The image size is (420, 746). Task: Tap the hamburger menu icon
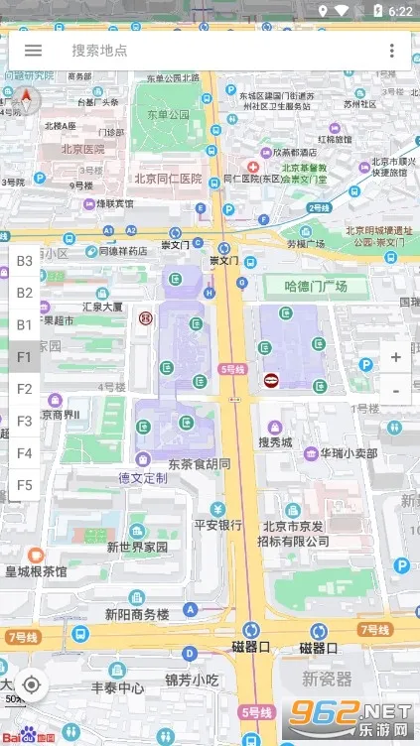pos(33,50)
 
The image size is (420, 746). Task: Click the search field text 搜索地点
pos(99,50)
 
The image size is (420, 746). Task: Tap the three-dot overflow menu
pos(392,50)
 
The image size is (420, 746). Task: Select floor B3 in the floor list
pos(25,261)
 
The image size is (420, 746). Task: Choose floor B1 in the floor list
pos(25,324)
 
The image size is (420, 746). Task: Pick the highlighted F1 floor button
pos(25,356)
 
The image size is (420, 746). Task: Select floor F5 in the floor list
pos(25,485)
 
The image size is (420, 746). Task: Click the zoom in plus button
pos(396,357)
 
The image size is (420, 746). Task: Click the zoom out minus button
pos(396,390)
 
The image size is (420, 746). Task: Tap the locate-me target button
pos(32,685)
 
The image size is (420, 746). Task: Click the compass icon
pos(26,99)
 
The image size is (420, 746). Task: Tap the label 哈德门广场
pos(315,286)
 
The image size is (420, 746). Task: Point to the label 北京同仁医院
pos(168,180)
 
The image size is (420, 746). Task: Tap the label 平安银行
pos(218,525)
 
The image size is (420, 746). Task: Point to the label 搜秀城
pos(277,441)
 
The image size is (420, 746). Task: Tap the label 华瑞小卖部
pos(349,454)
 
